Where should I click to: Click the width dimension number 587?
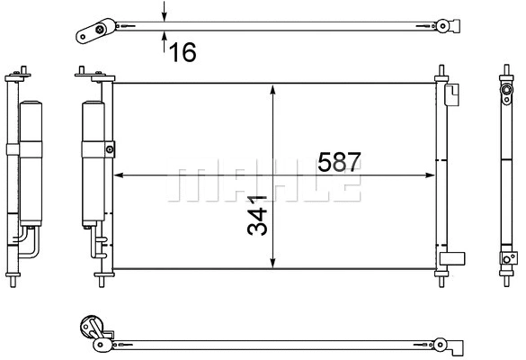click(339, 162)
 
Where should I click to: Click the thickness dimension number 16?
click(183, 52)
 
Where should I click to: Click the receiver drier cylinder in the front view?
click(93, 162)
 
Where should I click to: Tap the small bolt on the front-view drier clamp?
click(110, 149)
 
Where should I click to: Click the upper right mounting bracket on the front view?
click(451, 92)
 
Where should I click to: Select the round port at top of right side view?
click(505, 90)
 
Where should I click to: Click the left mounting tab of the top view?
click(91, 34)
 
